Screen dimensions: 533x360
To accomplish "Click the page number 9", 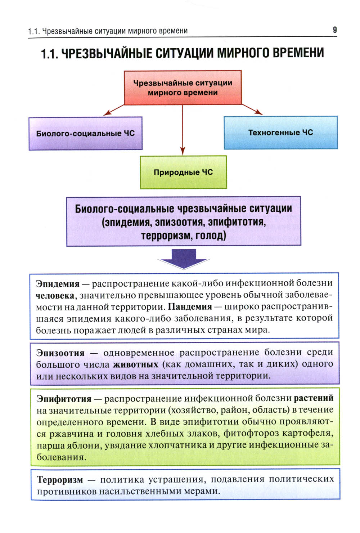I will tap(335, 30).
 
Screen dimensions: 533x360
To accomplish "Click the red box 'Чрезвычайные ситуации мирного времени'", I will tap(183, 88).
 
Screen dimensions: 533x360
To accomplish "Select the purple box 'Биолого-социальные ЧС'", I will tap(85, 133).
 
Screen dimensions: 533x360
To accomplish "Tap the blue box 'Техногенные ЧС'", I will tap(281, 133).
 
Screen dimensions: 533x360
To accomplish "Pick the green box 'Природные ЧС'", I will tap(183, 172).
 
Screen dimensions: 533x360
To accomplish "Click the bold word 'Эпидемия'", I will tap(58, 284).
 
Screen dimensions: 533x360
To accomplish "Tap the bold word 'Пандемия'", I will tap(190, 307).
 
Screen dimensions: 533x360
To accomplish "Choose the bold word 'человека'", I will tap(55, 296).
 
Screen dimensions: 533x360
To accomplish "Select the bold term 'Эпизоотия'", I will tap(60, 353).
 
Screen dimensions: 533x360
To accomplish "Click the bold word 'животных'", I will tap(136, 364).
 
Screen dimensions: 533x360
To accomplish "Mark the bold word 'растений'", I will tap(314, 398).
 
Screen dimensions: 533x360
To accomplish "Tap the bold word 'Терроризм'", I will tap(60, 480).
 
